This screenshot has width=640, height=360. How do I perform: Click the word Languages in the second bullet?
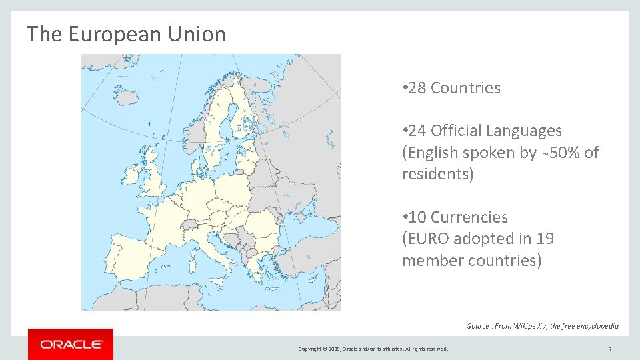pos(524,131)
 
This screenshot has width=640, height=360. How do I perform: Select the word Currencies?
pos(469,217)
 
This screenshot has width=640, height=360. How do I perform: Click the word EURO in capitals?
pos(428,239)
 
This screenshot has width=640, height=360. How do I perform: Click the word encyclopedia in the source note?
pos(593,326)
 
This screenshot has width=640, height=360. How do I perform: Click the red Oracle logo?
pos(71,344)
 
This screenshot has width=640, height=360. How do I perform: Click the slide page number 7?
pos(610,349)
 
